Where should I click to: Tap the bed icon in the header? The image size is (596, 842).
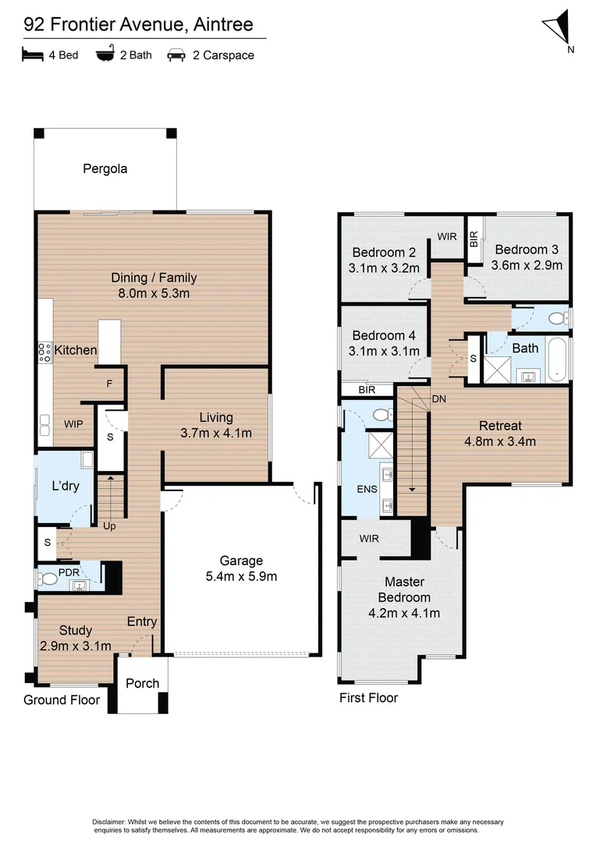pos(31,55)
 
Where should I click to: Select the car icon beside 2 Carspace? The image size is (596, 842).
pos(176,55)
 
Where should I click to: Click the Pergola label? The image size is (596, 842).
pos(105,168)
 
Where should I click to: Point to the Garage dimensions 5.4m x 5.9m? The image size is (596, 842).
pos(241,577)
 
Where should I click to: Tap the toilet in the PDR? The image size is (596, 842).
pos(49,578)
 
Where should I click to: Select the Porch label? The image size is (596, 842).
pos(143,683)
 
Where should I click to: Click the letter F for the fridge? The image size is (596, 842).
pos(109,384)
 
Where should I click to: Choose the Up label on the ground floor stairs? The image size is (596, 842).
pos(110,525)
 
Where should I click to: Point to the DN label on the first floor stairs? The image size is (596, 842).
pos(439,398)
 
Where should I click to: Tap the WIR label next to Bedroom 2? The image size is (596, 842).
pos(447,235)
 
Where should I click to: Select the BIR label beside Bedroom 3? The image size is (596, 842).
pos(474,239)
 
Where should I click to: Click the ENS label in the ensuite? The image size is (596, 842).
pos(366,490)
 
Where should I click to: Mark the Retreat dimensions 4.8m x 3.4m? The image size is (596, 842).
pos(500,441)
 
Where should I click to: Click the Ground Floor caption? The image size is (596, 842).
pos(62,700)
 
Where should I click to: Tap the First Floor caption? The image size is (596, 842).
pos(368,698)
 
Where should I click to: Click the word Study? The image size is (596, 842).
pos(75,630)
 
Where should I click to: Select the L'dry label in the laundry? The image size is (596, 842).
pos(66,486)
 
